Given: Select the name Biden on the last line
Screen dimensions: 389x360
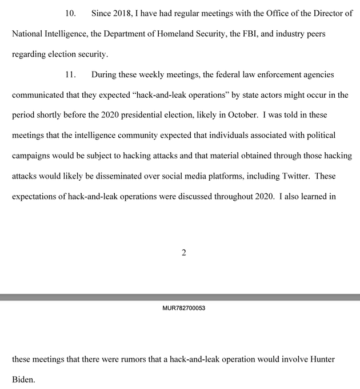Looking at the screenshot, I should tap(23, 379).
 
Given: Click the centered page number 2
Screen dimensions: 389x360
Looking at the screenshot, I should tap(183, 253).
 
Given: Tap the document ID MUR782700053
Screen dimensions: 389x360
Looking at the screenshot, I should tap(183, 308).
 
